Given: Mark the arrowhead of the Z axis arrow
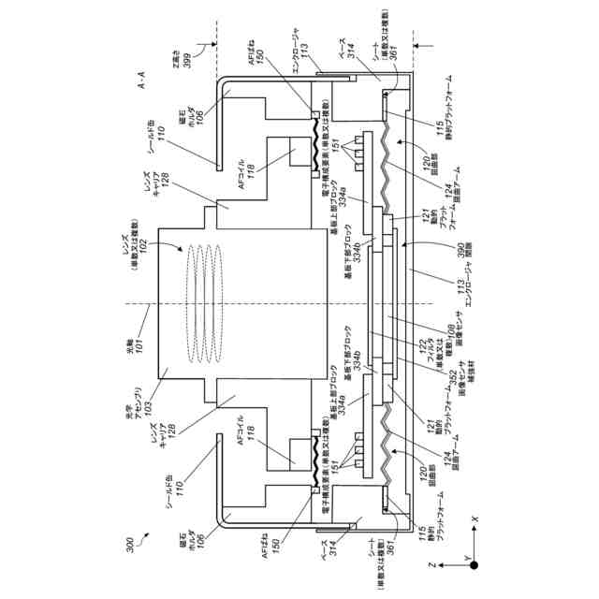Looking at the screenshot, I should click(x=441, y=566).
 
